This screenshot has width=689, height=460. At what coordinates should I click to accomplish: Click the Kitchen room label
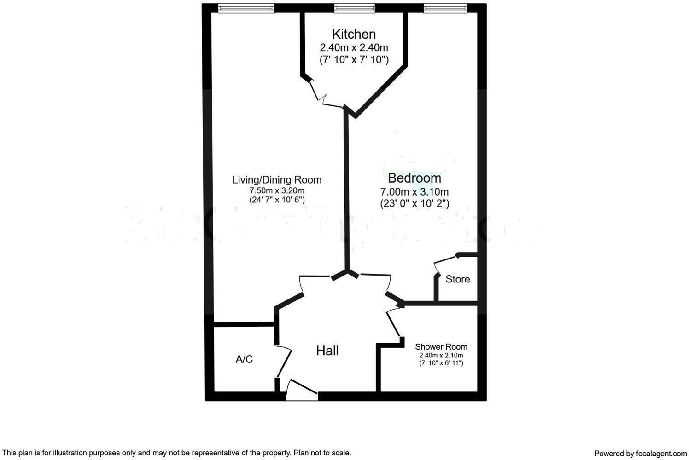click(354, 34)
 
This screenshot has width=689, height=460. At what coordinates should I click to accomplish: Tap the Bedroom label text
click(414, 178)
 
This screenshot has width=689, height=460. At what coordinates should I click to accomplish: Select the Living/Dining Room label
click(276, 180)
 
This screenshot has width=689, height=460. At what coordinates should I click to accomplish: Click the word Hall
click(327, 351)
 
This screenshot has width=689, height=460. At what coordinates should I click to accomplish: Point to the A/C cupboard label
click(244, 359)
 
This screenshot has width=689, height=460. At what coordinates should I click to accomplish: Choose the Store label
click(457, 279)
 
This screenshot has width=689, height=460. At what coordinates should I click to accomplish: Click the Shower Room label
click(441, 347)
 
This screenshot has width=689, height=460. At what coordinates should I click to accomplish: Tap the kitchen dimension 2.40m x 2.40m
click(354, 47)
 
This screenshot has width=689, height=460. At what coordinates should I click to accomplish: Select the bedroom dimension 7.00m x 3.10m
click(414, 191)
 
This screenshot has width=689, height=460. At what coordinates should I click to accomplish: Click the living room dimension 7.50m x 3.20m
click(277, 190)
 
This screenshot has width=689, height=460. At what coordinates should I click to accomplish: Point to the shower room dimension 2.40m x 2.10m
click(441, 356)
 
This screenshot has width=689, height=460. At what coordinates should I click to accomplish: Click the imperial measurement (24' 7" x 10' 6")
click(277, 200)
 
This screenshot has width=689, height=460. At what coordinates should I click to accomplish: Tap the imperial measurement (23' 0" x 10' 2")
click(415, 203)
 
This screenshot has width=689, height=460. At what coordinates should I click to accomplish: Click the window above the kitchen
click(354, 8)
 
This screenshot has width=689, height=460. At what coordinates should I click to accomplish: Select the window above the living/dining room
click(246, 8)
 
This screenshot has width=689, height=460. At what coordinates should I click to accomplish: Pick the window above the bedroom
click(445, 8)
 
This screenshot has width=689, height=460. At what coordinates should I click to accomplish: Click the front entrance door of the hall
click(302, 391)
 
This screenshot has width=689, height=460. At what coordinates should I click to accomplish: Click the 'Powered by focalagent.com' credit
click(640, 454)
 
